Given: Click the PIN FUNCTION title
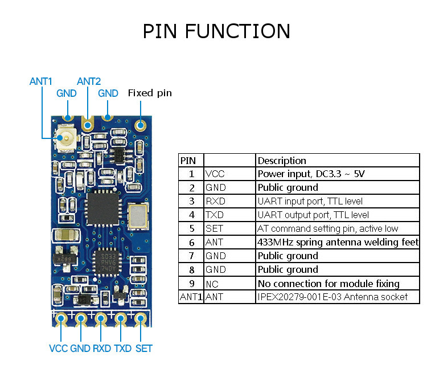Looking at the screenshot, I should pos(216,31).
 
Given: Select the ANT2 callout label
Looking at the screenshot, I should pos(88,81).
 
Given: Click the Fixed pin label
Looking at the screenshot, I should pos(150,93).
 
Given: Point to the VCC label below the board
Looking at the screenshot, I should pos(58,348).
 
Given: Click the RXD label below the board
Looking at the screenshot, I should pos(101,348).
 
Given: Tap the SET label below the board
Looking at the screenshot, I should pos(143,348).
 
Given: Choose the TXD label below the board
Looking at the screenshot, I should pos(123,348).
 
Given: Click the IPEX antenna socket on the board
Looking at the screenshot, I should pos(65,139).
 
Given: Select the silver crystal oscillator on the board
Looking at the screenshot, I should pos(139,215).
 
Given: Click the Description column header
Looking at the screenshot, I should pos(282,161).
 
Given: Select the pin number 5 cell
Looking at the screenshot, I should pos(191,228).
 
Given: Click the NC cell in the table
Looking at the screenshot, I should pos(211,283).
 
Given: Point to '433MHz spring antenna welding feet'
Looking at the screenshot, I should pos(338,242).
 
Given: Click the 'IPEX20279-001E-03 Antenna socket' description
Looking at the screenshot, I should pos(332,297).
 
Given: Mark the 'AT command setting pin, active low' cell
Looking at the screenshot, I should pos(328,228).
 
